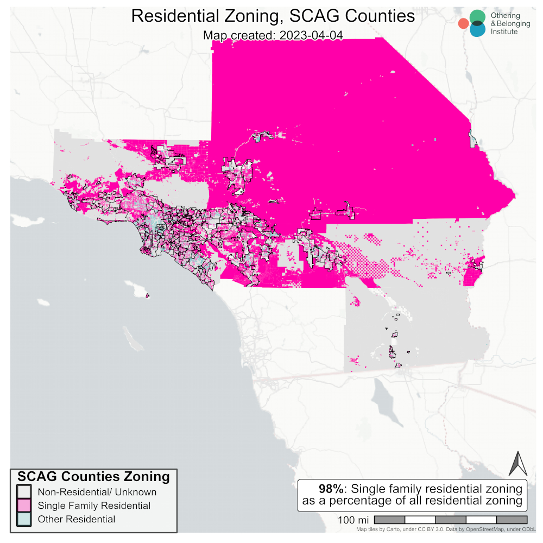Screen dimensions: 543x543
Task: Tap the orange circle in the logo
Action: (463, 23)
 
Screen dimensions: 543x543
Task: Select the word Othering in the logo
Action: (505, 16)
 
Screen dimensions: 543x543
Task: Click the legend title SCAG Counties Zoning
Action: (93, 477)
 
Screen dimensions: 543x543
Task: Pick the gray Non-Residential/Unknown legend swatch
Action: (23, 492)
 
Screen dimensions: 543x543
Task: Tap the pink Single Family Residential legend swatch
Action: (23, 506)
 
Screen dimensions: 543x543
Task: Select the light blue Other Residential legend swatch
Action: (23, 519)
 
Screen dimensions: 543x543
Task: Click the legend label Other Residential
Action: (76, 519)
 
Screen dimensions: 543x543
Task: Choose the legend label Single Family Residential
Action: (94, 506)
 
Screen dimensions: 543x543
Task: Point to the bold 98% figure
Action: (330, 488)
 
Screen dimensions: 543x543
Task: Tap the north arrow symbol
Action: (517, 464)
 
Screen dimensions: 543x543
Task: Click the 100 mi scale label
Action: (353, 520)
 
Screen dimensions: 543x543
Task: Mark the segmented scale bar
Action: (450, 520)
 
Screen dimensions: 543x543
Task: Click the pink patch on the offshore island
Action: (148, 295)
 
